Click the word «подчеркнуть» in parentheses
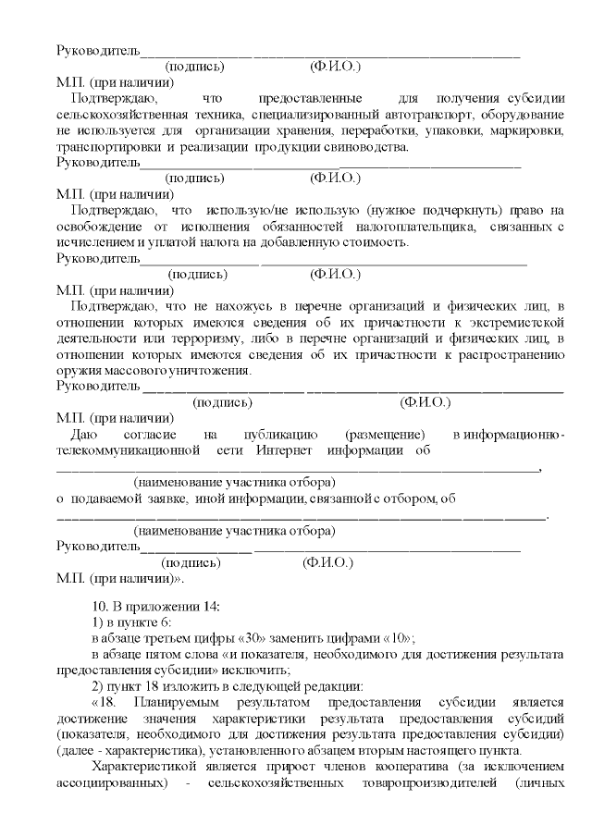tap(451, 210)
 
